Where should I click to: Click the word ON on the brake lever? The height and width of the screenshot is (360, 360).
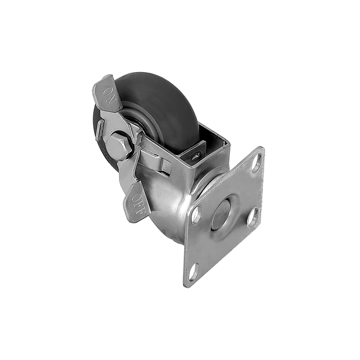point(108,95)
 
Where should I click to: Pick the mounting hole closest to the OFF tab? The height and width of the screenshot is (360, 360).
point(196,215)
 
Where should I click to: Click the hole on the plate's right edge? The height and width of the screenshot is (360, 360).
point(252,217)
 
